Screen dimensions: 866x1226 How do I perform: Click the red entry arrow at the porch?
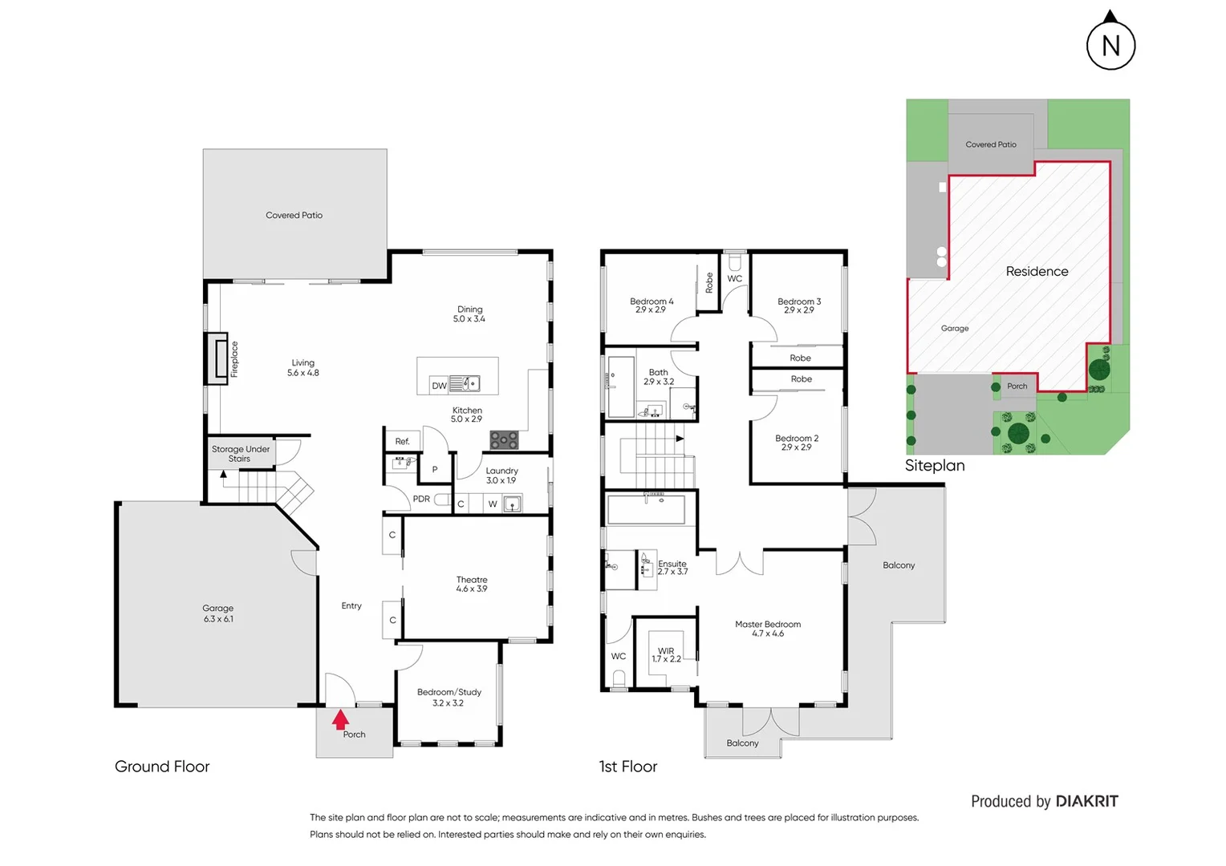340,719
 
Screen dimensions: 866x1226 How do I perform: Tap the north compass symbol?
1110,44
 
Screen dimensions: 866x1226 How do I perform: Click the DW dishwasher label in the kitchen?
439,386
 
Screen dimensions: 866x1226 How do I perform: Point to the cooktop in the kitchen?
504,439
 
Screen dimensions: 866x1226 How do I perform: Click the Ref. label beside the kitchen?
402,441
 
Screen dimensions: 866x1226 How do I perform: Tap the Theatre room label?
472,584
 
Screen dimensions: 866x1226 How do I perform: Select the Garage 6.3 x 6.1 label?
218,613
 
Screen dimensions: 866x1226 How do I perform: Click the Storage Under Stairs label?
241,454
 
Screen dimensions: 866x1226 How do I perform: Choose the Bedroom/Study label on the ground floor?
449,697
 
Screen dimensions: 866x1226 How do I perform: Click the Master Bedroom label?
768,629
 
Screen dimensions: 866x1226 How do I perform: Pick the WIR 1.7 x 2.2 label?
666,655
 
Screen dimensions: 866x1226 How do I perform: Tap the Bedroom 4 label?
652,306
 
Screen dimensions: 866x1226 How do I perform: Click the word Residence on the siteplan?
1037,272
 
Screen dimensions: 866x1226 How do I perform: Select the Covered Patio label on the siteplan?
991,144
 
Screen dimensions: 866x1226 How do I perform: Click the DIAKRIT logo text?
1086,801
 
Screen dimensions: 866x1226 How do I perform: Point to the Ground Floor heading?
162,767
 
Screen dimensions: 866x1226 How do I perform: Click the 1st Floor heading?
628,767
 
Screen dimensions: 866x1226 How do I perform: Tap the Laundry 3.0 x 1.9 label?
501,475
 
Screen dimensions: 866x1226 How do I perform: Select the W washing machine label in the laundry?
493,504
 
